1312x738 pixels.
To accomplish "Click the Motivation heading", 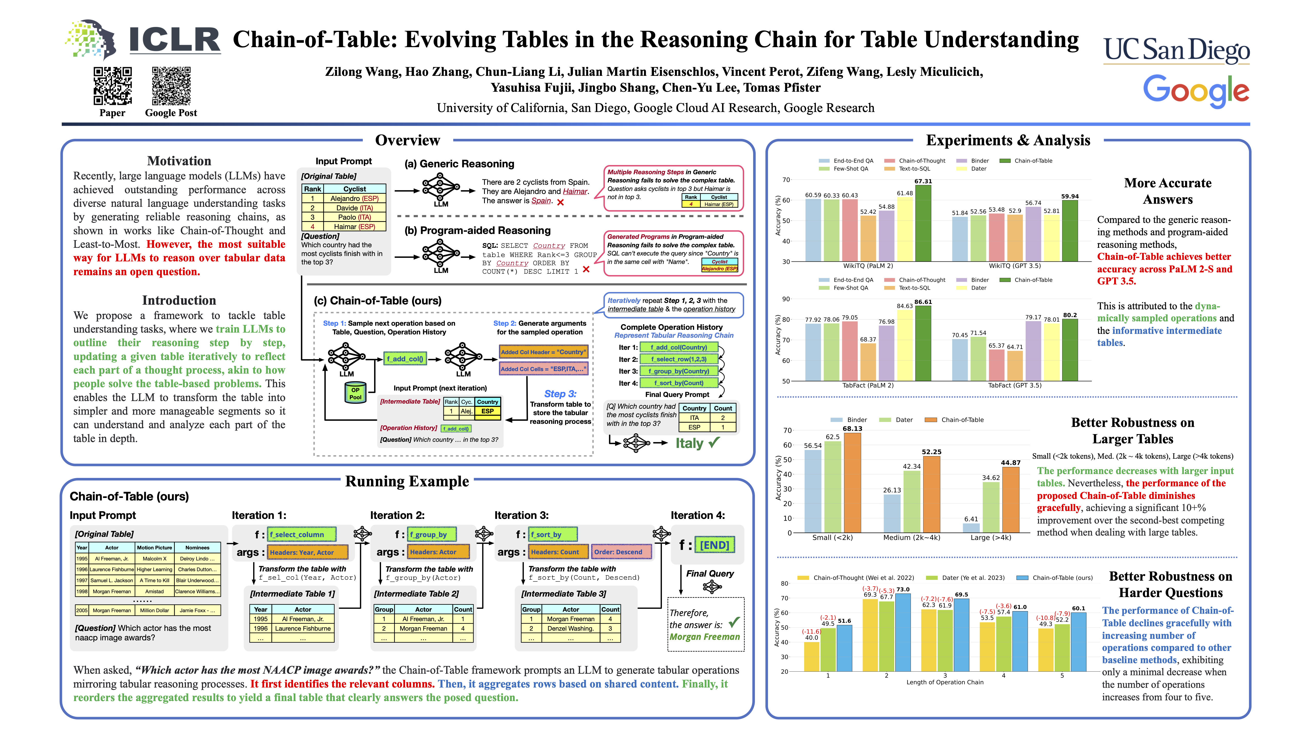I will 179,161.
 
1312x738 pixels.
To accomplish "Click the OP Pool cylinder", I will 355,393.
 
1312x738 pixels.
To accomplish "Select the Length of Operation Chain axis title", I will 945,682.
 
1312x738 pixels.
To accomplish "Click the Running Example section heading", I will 407,481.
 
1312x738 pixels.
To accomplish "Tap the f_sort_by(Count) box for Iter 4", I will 678,383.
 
